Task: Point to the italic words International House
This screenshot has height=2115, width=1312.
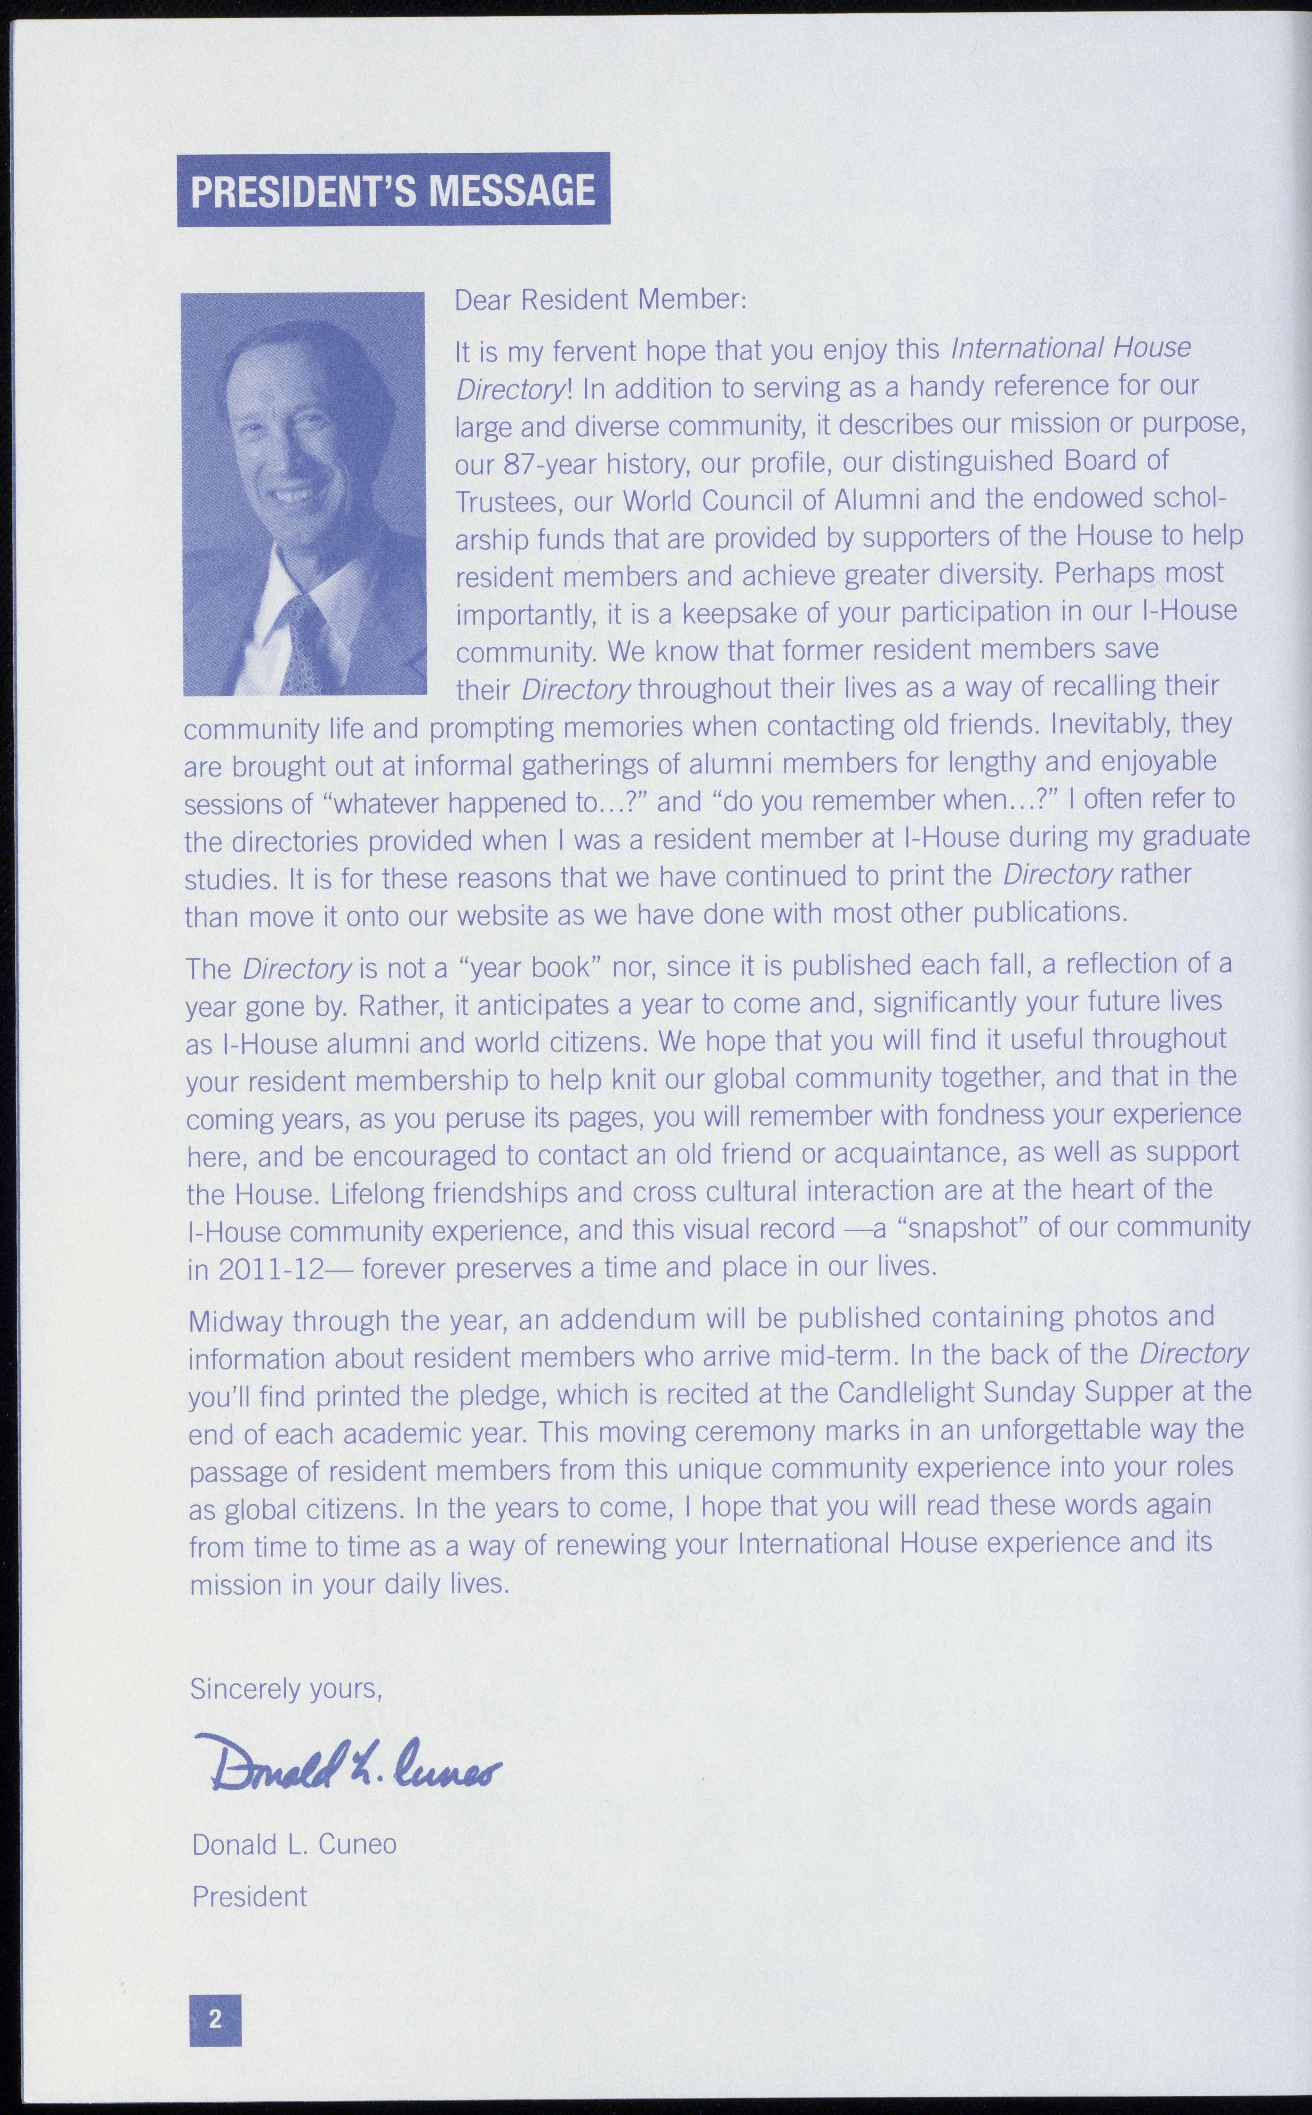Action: tap(1071, 349)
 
